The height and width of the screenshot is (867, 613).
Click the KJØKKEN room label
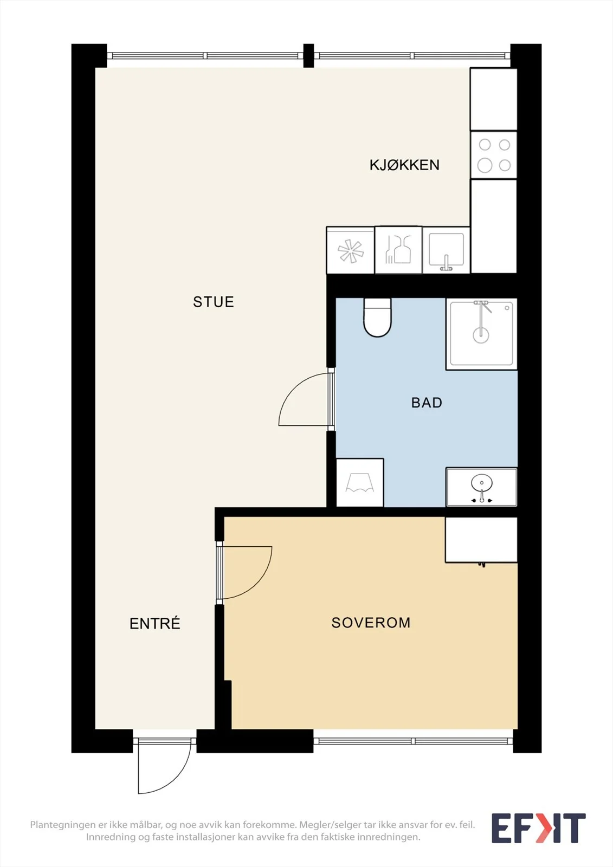[404, 165]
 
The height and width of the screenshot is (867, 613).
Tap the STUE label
[214, 302]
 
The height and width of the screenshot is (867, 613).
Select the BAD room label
[427, 403]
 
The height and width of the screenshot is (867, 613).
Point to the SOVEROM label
[371, 623]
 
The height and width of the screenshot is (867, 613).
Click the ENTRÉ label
[155, 623]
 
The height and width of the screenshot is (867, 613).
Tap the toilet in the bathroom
[377, 317]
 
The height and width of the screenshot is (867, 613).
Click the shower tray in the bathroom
[481, 334]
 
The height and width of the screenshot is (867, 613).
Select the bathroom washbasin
[481, 487]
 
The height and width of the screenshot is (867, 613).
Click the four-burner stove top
[494, 155]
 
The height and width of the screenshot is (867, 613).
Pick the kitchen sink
[446, 250]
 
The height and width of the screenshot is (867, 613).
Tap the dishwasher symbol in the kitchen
[398, 250]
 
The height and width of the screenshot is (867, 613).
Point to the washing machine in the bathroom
[360, 483]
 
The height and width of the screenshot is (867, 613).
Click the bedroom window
[413, 741]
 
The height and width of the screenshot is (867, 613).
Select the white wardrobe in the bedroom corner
[481, 540]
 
